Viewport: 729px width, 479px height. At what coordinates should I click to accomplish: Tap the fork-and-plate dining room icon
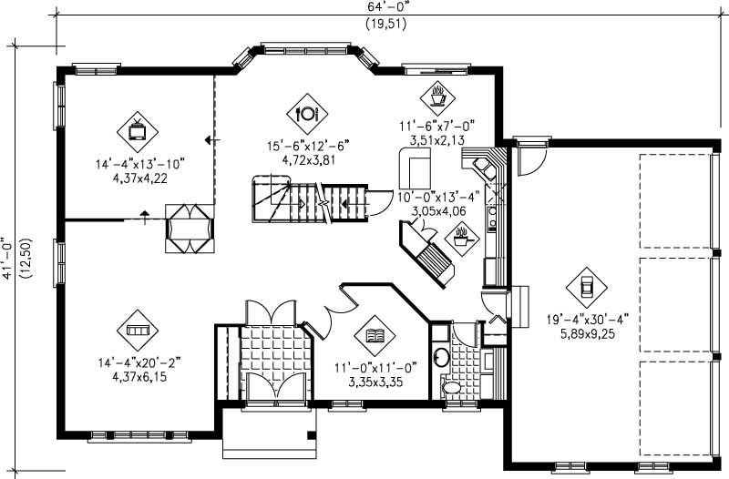(x=305, y=113)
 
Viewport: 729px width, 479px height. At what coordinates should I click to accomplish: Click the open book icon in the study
(x=373, y=336)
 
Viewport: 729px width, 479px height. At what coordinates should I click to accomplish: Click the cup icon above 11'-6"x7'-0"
(x=437, y=93)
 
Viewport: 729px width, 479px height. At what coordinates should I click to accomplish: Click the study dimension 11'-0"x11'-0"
(x=374, y=367)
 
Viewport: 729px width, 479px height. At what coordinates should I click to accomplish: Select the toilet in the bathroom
(x=452, y=388)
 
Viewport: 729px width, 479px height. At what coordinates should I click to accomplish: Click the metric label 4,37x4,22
(x=139, y=178)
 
